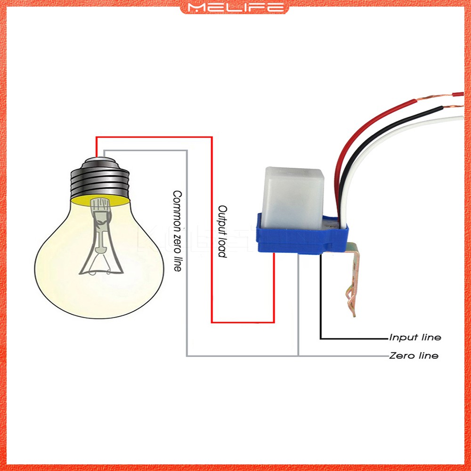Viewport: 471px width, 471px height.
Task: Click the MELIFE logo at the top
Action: coord(235,7)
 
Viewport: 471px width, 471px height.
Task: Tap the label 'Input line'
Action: coord(415,338)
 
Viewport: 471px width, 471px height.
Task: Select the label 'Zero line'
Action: coord(414,356)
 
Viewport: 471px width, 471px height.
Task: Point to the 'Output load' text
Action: coord(222,231)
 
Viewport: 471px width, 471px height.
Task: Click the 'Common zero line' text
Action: coord(177,231)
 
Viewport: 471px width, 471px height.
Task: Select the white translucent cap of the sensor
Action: coord(292,193)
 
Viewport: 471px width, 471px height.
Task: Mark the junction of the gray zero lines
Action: coord(298,356)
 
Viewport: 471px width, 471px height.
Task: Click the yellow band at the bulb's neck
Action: coord(100,200)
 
